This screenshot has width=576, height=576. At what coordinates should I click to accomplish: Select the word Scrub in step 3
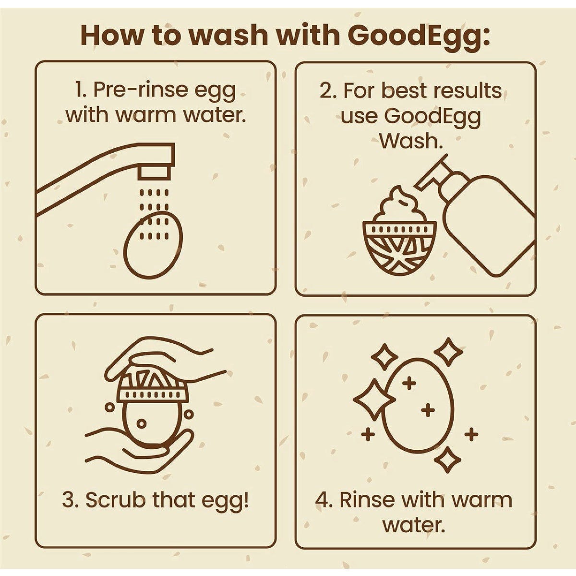(x=115, y=500)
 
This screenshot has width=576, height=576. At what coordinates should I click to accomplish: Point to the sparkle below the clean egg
(x=447, y=460)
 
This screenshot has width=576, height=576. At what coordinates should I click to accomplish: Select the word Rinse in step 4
(x=367, y=500)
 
